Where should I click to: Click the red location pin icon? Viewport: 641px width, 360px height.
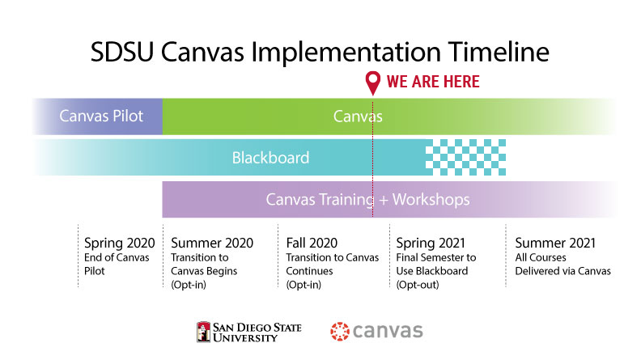(373, 82)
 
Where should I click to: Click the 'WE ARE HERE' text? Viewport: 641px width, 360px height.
(433, 82)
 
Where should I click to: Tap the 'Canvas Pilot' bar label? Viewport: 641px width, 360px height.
(101, 116)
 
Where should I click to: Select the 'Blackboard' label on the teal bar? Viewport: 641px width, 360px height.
(270, 158)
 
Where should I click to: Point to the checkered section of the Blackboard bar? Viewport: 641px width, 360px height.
(465, 157)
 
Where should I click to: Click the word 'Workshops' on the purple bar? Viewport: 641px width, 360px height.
(431, 199)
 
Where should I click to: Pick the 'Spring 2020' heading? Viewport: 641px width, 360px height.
(119, 244)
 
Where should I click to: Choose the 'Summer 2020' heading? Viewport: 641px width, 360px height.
(212, 244)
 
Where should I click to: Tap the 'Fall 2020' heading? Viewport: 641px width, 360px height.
(312, 244)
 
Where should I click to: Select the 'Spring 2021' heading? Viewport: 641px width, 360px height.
(431, 244)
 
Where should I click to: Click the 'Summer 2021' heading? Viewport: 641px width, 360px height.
(555, 244)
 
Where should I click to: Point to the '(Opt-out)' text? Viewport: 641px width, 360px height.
(418, 285)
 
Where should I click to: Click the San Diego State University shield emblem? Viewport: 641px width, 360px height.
(203, 332)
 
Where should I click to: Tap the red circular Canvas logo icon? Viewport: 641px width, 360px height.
(340, 331)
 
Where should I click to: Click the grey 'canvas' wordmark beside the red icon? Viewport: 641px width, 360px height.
(388, 331)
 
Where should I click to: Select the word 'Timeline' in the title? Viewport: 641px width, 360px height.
(499, 52)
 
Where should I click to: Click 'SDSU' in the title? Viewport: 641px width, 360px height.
(122, 52)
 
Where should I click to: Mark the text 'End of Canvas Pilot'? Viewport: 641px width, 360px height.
(117, 264)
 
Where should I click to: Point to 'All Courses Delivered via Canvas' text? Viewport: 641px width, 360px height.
(563, 264)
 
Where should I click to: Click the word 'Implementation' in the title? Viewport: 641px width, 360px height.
(346, 53)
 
